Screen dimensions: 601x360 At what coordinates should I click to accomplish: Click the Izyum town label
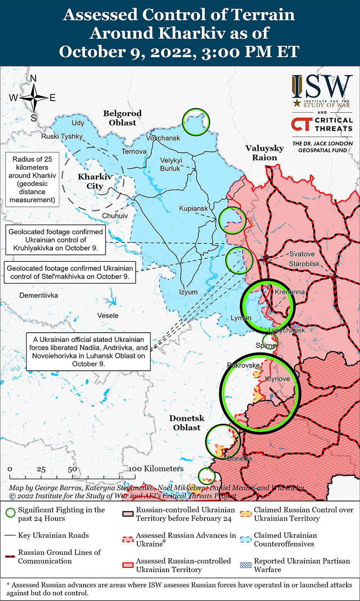tap(188, 292)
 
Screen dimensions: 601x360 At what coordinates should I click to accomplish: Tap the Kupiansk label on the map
tap(193, 209)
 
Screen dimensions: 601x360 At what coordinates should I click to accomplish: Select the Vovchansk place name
tap(163, 138)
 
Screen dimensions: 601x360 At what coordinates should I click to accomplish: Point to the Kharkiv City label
tap(94, 181)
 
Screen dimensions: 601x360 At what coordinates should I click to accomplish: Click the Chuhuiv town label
tap(115, 215)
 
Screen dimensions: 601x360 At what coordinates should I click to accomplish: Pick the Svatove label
tap(302, 254)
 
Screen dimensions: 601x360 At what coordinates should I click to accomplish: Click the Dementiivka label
tap(39, 295)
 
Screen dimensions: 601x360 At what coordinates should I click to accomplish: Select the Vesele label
tap(108, 315)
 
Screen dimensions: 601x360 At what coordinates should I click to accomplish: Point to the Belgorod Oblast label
tap(122, 118)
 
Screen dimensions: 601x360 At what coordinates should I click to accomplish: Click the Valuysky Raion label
tap(265, 153)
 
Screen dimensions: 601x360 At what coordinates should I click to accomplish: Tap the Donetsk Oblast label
tap(187, 423)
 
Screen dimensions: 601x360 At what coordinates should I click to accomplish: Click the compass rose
tap(33, 98)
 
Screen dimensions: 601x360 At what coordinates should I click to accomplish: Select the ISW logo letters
tap(322, 87)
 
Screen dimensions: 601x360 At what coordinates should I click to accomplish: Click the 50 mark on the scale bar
tap(72, 469)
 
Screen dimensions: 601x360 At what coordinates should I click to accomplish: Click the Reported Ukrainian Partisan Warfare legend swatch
tap(246, 565)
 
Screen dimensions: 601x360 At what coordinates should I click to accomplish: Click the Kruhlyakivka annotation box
tap(56, 240)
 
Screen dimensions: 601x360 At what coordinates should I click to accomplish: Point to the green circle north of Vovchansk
tap(196, 122)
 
